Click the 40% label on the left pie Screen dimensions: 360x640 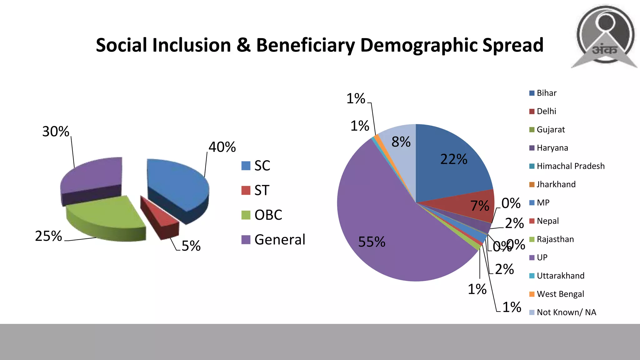[222, 147]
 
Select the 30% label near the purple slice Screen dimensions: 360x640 [56, 131]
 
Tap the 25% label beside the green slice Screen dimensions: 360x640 [48, 236]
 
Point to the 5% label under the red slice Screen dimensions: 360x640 [191, 246]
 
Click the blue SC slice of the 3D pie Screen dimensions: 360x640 [178, 184]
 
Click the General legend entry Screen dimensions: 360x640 [273, 240]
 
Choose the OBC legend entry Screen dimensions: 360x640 [262, 215]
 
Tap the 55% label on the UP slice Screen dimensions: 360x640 [372, 242]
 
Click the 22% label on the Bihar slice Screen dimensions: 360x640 [454, 159]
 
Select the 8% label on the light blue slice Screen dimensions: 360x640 [401, 142]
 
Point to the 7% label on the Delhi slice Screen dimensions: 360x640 [480, 206]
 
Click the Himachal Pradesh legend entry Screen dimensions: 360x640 [567, 166]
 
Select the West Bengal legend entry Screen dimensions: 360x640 [557, 294]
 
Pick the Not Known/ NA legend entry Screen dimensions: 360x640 [562, 312]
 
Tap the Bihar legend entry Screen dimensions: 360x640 [543, 93]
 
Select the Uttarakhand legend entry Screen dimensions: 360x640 [557, 276]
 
